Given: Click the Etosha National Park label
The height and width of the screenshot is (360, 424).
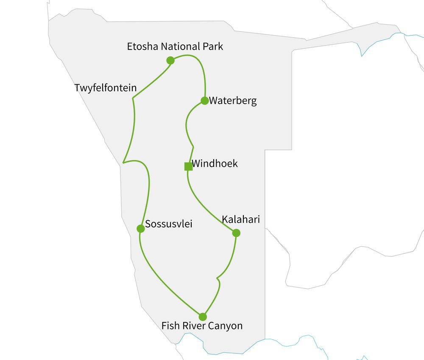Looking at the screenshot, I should point(175,47).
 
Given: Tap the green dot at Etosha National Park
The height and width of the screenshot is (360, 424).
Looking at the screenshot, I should point(170,61).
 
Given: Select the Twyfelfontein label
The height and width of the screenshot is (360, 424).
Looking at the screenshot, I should point(106,88).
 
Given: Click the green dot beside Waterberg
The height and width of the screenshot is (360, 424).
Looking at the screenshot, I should point(204,101).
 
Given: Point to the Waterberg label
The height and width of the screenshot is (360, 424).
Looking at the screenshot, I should point(233,101).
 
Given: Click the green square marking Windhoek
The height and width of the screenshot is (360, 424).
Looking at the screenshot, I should point(189,166).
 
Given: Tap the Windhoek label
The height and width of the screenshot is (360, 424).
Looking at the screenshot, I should point(215,163).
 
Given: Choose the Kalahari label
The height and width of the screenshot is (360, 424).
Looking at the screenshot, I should point(240,219).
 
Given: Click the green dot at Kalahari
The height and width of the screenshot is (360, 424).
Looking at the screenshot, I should point(236,233).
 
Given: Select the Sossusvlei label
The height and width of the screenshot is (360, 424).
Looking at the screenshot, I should point(169,224).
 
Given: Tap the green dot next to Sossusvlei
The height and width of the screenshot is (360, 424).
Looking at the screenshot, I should point(141,229).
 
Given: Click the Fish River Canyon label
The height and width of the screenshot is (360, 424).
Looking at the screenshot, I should point(202,326).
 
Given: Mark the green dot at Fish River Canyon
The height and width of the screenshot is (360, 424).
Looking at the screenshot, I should point(203,317).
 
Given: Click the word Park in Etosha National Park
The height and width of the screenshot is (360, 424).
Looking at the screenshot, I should point(212,47).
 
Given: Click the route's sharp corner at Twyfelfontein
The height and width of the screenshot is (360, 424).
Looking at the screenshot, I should point(133,98).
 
